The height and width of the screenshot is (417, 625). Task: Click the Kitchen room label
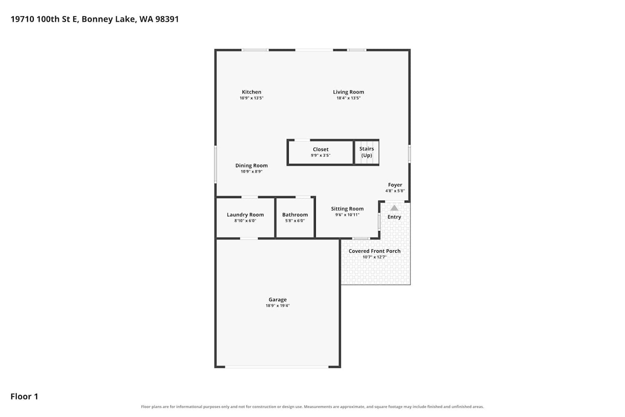coord(251,92)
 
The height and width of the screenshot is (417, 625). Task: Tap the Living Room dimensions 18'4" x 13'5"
coord(348,98)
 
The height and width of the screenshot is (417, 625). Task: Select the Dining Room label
coord(251,166)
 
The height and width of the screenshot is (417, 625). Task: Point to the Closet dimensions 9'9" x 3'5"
coord(320,155)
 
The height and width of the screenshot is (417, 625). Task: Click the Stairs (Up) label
coord(367,152)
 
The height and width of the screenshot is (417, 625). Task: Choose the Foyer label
coord(395,185)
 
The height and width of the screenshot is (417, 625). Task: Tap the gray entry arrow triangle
coord(394,208)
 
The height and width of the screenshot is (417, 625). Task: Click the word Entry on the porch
coord(394,217)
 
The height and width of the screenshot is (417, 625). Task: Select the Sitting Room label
coord(347,208)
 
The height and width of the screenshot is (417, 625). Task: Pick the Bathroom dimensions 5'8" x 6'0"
coord(295,221)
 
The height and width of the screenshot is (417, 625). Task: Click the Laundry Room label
coord(245,215)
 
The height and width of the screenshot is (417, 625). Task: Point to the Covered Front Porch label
coord(375,251)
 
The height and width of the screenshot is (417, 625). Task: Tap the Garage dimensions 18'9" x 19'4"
coord(277,306)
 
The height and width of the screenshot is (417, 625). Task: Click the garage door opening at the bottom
coord(277,367)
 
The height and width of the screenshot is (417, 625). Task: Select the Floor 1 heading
coord(24,396)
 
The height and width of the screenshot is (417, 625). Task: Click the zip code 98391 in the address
coord(167,19)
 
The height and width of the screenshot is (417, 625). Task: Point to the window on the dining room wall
coord(215,164)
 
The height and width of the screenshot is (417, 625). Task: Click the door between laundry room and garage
coord(249,238)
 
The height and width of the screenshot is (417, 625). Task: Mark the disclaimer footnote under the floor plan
coord(312,407)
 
